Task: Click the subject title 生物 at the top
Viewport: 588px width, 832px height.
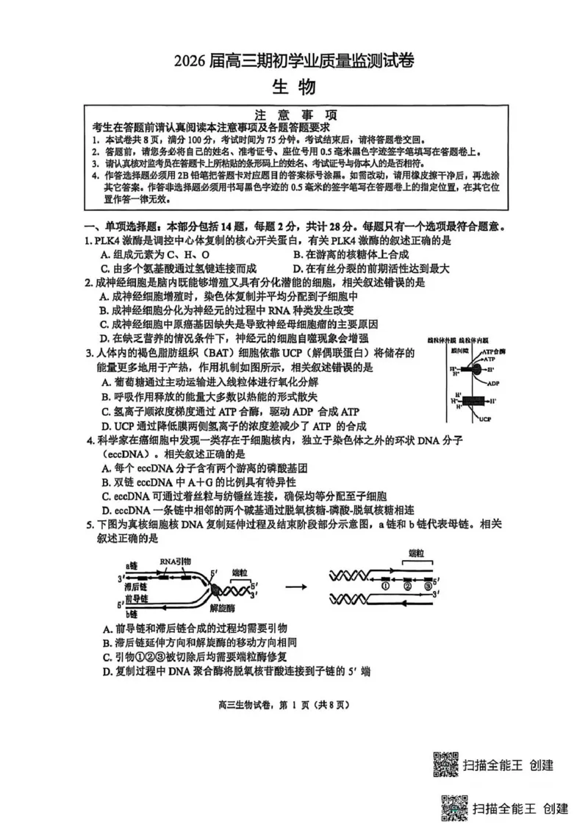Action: click(x=294, y=87)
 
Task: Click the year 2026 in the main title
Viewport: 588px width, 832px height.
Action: click(x=190, y=62)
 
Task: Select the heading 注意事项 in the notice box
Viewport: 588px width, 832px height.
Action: click(x=295, y=115)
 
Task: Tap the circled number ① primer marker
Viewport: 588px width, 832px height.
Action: click(x=384, y=586)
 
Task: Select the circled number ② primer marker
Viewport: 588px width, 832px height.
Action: click(x=407, y=586)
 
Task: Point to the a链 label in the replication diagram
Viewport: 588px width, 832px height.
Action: click(x=132, y=566)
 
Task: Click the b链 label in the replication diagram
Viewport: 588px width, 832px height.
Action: click(x=132, y=613)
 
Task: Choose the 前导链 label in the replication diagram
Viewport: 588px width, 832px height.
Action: click(x=137, y=600)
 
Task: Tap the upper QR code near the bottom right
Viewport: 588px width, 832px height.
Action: click(x=443, y=764)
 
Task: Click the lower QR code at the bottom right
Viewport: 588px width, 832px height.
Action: click(x=453, y=808)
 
